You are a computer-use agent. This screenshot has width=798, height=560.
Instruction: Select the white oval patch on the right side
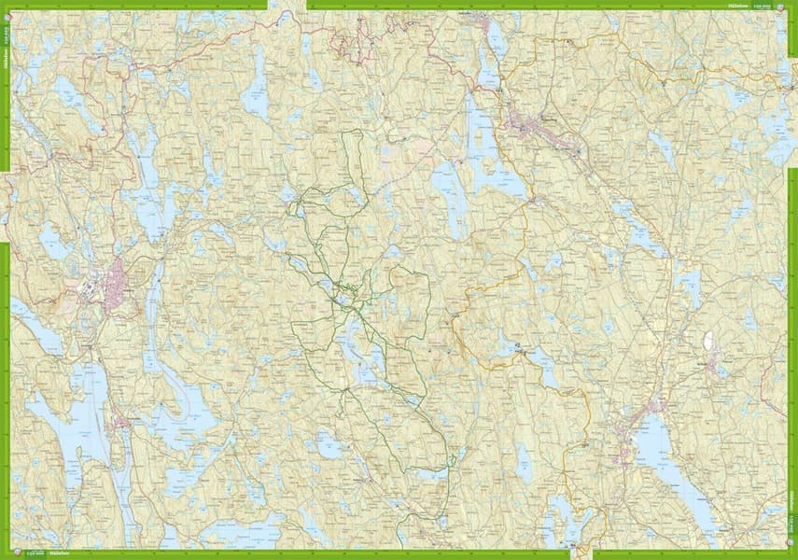[x=707, y=340]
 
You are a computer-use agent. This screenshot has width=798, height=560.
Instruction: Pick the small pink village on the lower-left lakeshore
[x=119, y=425]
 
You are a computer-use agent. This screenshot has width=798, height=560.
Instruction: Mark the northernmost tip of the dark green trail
[x=352, y=132]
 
